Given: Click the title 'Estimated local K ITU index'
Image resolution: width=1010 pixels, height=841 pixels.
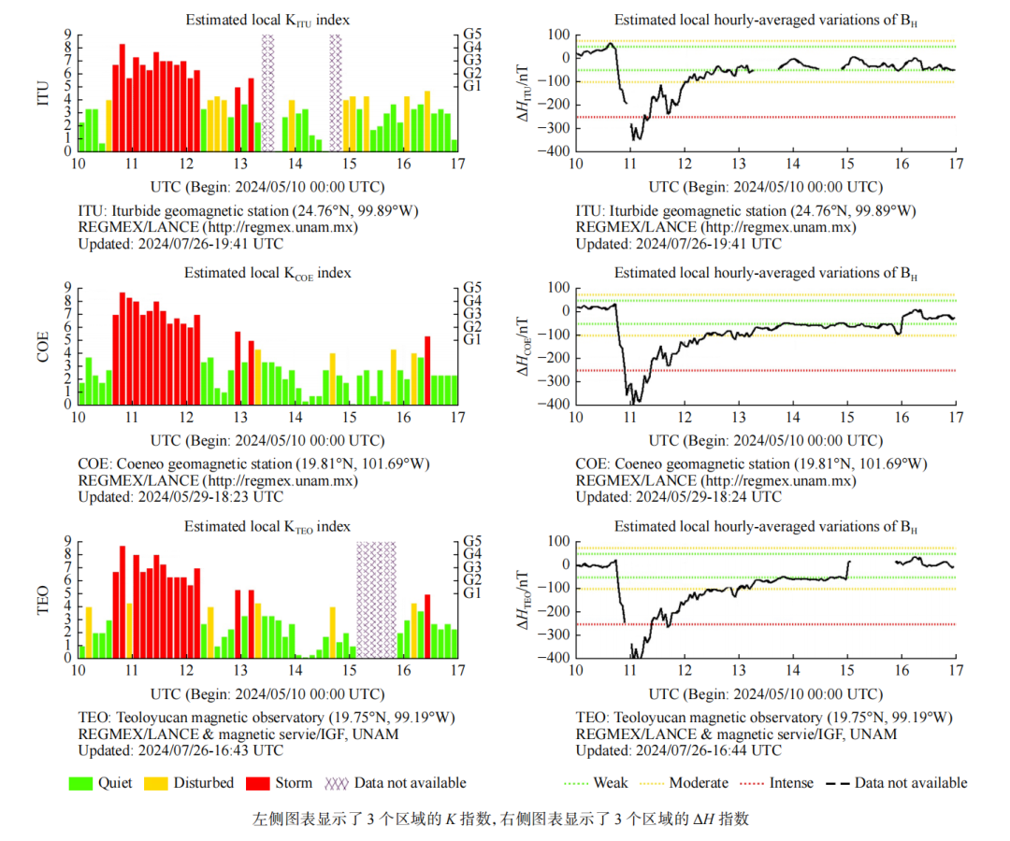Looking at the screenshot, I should coord(267,20).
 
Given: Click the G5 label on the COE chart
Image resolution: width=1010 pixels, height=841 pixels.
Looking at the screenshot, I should coord(472,287).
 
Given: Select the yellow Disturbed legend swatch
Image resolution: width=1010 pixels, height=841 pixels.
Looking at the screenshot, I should coord(156,783).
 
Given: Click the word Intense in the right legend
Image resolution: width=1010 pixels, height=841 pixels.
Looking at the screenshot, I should coord(791,783).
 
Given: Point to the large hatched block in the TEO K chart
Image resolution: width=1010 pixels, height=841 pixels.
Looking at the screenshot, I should coord(376,599).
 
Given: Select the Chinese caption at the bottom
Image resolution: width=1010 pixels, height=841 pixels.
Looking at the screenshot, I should coord(501,820).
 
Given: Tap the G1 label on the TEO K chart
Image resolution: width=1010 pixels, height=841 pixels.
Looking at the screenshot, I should coord(472,592).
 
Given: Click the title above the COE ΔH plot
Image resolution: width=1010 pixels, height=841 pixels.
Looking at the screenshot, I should coord(765,273).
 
